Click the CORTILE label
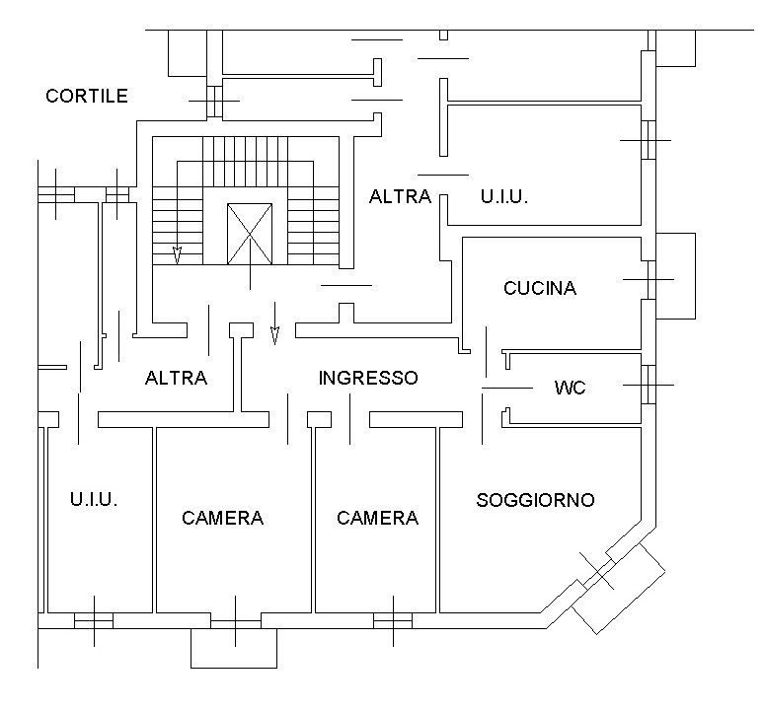pos(87,96)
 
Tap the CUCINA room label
pos(539,289)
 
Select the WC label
pos(570,388)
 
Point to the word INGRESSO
pos(368,378)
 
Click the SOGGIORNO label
pos(535,500)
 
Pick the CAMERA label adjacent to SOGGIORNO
pos(377,518)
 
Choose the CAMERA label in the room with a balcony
pos(222,518)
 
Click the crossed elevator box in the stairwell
pos(249,234)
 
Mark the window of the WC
pos(647,384)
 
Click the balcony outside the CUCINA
pos(676,276)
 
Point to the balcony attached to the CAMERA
pos(234,648)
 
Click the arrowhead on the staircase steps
pos(177,256)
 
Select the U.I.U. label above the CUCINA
pos(503,196)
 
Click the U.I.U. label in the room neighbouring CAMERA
pos(94,500)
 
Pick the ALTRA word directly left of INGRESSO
pos(176,378)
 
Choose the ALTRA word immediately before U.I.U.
pos(400,196)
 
